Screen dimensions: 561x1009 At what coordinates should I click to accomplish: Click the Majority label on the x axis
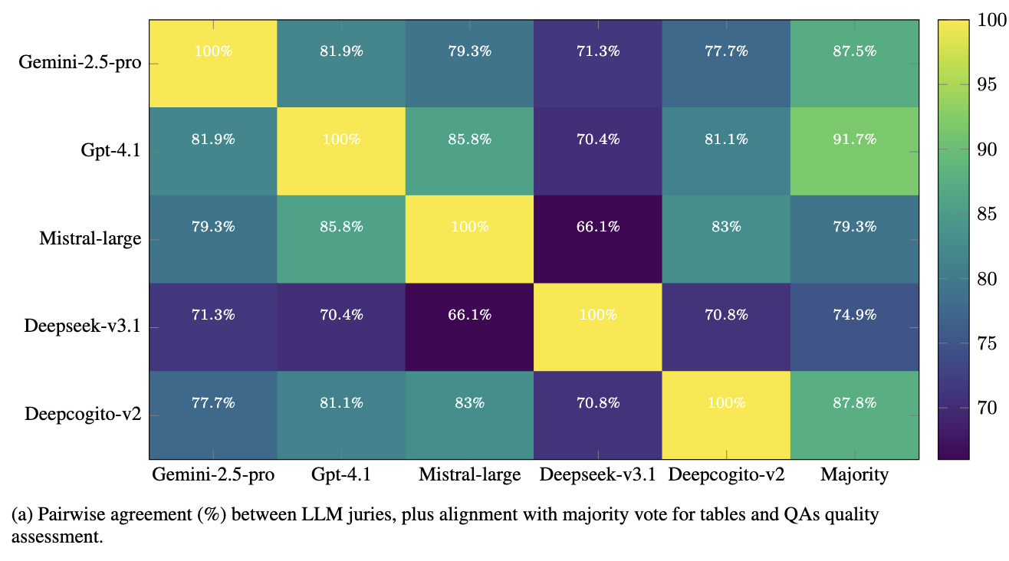click(855, 475)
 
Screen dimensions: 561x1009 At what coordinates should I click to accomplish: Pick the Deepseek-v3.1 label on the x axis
click(598, 475)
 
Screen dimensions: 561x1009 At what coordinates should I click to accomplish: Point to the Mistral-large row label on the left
click(90, 239)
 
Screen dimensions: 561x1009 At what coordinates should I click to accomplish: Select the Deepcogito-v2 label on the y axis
click(83, 415)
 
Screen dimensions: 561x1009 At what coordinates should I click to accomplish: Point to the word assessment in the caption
click(56, 536)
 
